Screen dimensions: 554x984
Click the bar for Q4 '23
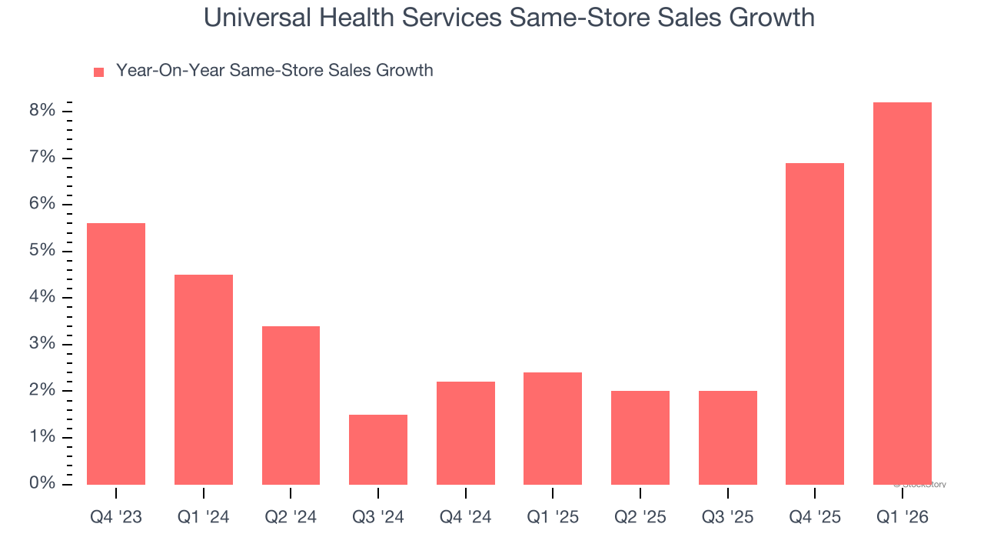pyautogui.click(x=116, y=354)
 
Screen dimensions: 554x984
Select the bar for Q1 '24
pyautogui.click(x=204, y=379)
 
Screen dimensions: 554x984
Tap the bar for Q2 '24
pyautogui.click(x=291, y=405)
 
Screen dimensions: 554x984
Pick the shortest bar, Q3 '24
pyautogui.click(x=378, y=449)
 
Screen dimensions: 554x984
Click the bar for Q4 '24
pyautogui.click(x=466, y=433)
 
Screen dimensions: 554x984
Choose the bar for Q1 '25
pyautogui.click(x=553, y=429)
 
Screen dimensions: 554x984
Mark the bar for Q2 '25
pyautogui.click(x=640, y=438)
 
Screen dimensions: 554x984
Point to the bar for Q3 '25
pyautogui.click(x=728, y=438)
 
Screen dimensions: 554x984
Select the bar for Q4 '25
pyautogui.click(x=815, y=324)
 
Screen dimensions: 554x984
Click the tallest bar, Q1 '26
pyautogui.click(x=903, y=293)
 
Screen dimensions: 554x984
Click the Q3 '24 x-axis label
pyautogui.click(x=378, y=517)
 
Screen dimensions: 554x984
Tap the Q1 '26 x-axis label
pyautogui.click(x=903, y=517)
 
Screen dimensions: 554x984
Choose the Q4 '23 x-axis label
pyautogui.click(x=116, y=517)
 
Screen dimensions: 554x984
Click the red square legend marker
pyautogui.click(x=98, y=72)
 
